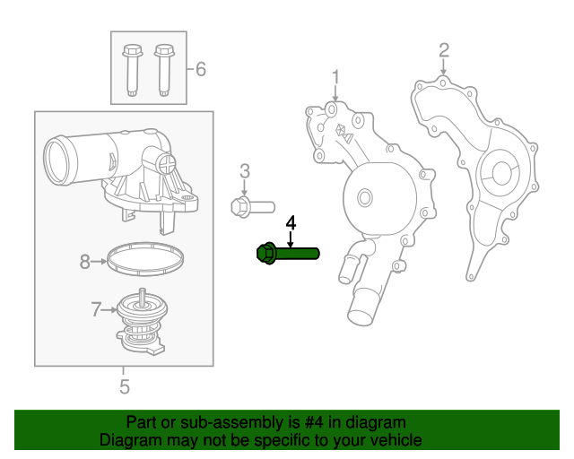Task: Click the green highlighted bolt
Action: coord(288,255)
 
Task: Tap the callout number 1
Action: coord(335,76)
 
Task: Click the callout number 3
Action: coord(244,170)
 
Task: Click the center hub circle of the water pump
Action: coord(364,197)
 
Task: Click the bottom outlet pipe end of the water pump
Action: coord(360,314)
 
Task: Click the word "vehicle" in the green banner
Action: coord(390,440)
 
